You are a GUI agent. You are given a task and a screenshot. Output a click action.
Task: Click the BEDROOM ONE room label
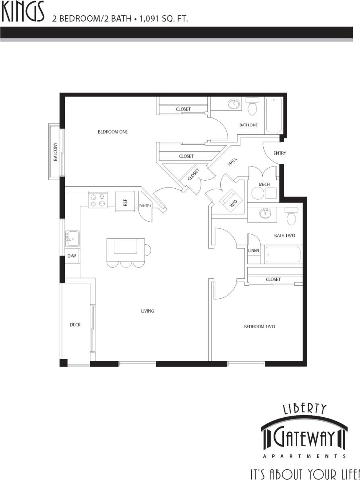coord(113,132)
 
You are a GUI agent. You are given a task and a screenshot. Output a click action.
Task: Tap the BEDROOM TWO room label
coord(259,327)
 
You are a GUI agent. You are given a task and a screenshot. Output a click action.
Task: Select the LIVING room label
coord(147,311)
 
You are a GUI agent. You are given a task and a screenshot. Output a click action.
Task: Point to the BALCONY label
coord(55,152)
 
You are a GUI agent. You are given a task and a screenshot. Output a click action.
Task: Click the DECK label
coord(75,325)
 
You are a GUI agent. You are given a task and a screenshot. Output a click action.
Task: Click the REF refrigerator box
coord(125,201)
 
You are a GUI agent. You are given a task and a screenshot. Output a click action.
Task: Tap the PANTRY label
coord(145,206)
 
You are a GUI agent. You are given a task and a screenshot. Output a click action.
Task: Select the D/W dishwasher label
coord(71,256)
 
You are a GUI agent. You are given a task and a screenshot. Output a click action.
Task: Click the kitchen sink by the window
coord(72,238)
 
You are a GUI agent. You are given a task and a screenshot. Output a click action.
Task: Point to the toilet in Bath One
coord(252,107)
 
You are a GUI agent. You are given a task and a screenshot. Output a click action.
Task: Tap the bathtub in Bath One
coord(275,115)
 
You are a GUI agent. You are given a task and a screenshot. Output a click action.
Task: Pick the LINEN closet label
coord(254,250)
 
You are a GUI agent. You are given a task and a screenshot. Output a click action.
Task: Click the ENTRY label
coord(279,153)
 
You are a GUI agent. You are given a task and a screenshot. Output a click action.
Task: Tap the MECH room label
coord(264,184)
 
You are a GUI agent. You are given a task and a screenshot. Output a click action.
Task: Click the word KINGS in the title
coord(23,14)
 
